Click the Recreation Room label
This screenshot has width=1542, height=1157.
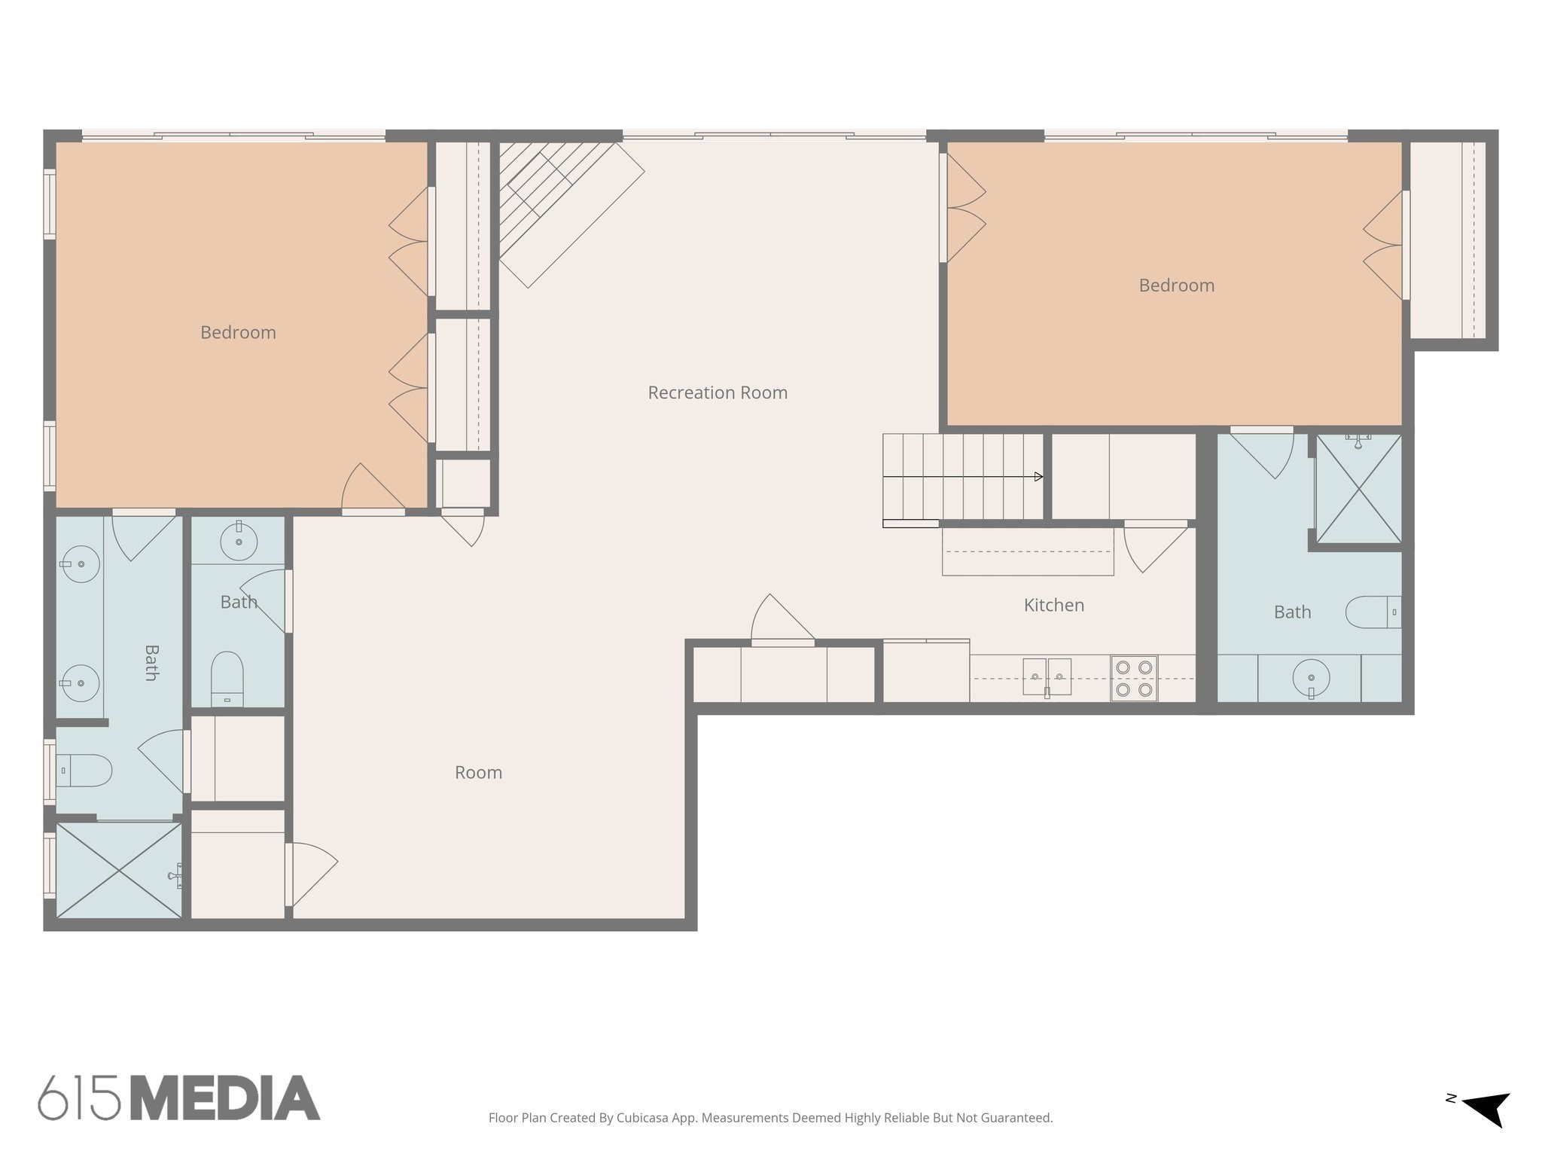pyautogui.click(x=718, y=392)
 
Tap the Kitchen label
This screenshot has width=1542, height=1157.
pyautogui.click(x=1053, y=605)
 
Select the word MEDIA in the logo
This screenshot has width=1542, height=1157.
pyautogui.click(x=226, y=1098)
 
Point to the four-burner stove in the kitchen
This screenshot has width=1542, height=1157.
pyautogui.click(x=1134, y=678)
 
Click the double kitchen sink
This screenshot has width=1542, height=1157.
pyautogui.click(x=1047, y=676)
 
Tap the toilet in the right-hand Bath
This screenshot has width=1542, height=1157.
pyautogui.click(x=1373, y=612)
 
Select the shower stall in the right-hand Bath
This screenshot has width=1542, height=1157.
pyautogui.click(x=1358, y=488)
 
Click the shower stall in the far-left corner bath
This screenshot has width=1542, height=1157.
pyautogui.click(x=119, y=870)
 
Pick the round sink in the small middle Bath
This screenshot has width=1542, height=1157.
pyautogui.click(x=239, y=541)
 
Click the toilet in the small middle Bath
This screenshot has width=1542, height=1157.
pyautogui.click(x=227, y=676)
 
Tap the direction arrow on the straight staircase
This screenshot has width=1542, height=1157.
pyautogui.click(x=1038, y=477)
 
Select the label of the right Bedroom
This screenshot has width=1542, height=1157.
pyautogui.click(x=1176, y=285)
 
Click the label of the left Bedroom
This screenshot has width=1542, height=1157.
pyautogui.click(x=238, y=332)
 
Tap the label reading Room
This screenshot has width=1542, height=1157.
pyautogui.click(x=478, y=772)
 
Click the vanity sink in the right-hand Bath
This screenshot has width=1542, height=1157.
pyautogui.click(x=1311, y=678)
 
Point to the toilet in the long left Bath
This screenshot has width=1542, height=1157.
pyautogui.click(x=84, y=771)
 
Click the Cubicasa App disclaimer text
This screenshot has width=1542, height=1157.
pyautogui.click(x=770, y=1118)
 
